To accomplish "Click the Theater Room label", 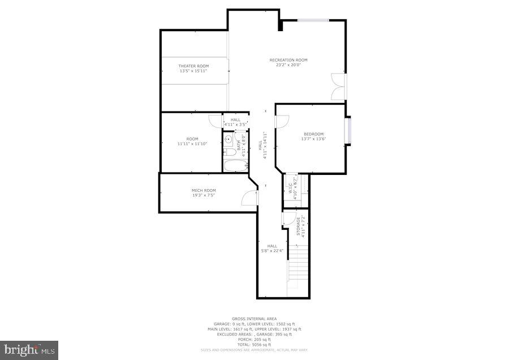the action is [x=193, y=66].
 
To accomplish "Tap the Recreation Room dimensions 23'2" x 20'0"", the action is [x=288, y=65].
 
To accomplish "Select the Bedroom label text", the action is [x=313, y=134].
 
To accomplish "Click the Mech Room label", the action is [x=203, y=190].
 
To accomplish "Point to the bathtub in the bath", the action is [x=235, y=165].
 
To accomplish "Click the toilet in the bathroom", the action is [x=228, y=151].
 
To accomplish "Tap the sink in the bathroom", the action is [x=228, y=138].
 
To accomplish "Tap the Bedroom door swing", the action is [x=282, y=121].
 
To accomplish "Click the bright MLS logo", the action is [x=28, y=350].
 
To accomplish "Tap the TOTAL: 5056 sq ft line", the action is [x=254, y=344].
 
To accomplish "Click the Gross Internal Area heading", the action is [x=254, y=319].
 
